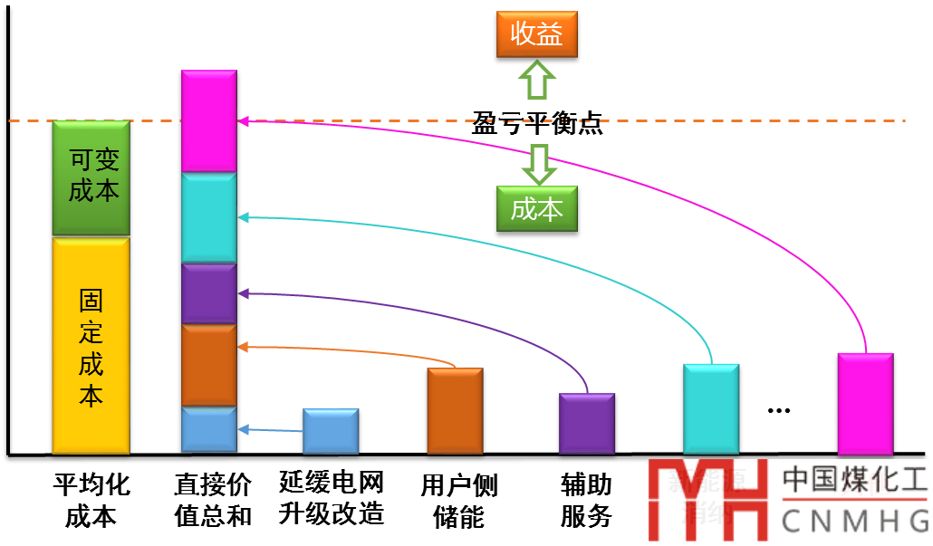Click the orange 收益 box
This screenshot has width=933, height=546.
536,35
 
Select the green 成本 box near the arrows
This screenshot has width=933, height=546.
536,209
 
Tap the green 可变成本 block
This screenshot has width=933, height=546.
91,177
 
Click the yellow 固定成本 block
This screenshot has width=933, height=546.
91,346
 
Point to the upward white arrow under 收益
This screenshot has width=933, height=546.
536,81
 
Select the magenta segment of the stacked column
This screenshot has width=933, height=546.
208,120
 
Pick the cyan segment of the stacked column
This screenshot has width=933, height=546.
208,218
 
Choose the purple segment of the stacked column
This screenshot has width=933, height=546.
208,293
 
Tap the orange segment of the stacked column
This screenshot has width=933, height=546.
208,365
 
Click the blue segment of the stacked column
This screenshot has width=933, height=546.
208,429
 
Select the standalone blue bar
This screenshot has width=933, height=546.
331,431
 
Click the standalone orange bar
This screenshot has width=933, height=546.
455,410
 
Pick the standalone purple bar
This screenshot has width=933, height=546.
587,423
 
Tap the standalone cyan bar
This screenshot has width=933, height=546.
711,408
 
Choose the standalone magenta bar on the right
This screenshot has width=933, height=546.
865,404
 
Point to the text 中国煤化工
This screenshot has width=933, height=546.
854,480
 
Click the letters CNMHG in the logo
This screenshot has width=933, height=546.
854,521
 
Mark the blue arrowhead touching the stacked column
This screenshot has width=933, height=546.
242,428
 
